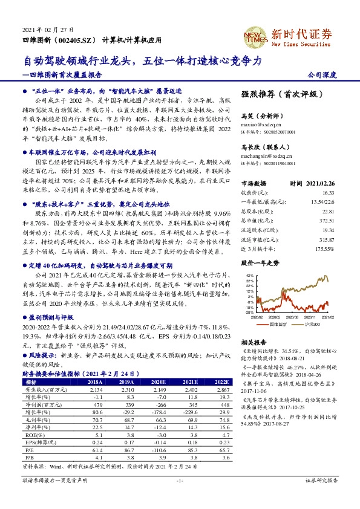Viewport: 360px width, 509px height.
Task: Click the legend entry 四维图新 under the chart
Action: click(x=277, y=324)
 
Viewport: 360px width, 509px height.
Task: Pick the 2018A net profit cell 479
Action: click(x=96, y=404)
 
